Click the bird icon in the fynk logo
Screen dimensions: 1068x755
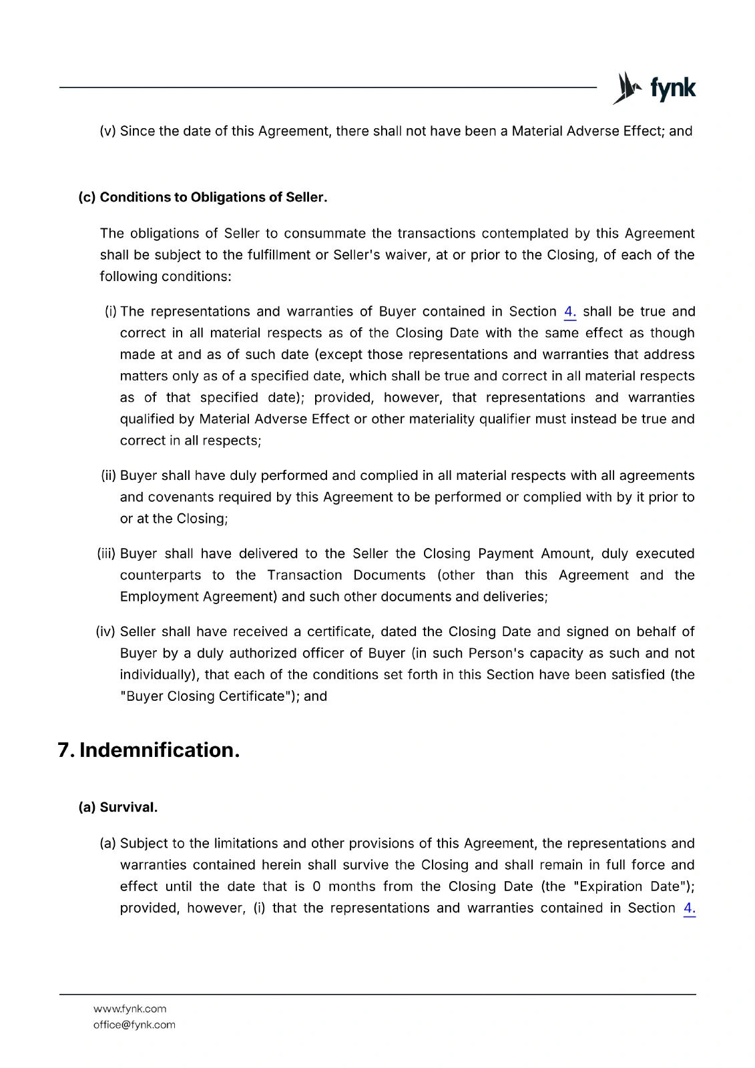coord(627,88)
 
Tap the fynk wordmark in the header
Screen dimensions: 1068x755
coord(673,88)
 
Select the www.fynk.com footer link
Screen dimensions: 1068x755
coord(130,1009)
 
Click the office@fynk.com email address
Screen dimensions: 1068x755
coord(134,1025)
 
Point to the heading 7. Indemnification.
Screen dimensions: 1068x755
coord(149,750)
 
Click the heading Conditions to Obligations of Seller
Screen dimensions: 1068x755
coord(203,198)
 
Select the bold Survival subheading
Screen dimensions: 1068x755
coord(118,807)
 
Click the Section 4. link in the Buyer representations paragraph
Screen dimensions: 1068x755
coord(570,312)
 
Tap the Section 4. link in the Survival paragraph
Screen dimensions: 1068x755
coord(690,908)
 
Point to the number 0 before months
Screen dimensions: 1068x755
coord(316,886)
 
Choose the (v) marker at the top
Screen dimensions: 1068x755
coord(107,131)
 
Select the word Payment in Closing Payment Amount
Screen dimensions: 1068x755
coord(505,554)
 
